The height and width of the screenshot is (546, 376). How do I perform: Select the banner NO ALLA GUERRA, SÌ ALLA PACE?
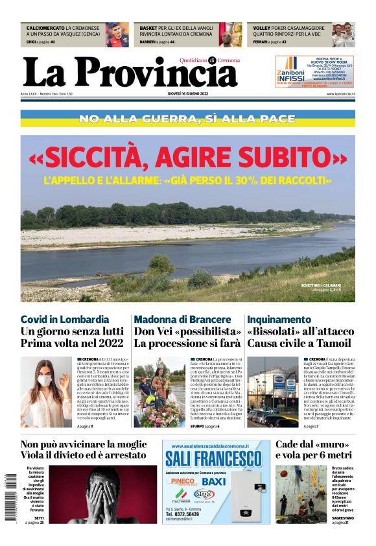click(x=187, y=119)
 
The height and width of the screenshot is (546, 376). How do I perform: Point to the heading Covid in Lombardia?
click(x=65, y=320)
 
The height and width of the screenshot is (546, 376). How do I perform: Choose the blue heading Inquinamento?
click(x=279, y=320)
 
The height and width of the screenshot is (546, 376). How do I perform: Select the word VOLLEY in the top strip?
click(x=261, y=29)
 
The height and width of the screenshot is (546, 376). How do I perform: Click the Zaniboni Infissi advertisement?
click(x=314, y=71)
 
